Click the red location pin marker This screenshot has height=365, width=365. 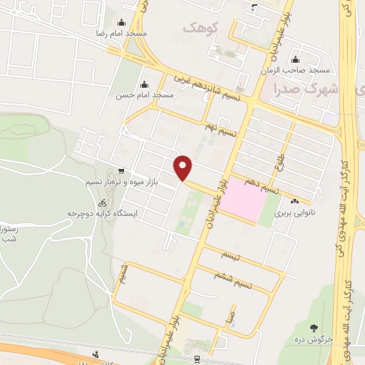click(184, 168)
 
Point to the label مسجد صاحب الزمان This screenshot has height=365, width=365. click(304, 71)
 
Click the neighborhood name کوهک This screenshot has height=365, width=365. click(199, 27)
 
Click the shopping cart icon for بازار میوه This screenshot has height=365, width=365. click(122, 171)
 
